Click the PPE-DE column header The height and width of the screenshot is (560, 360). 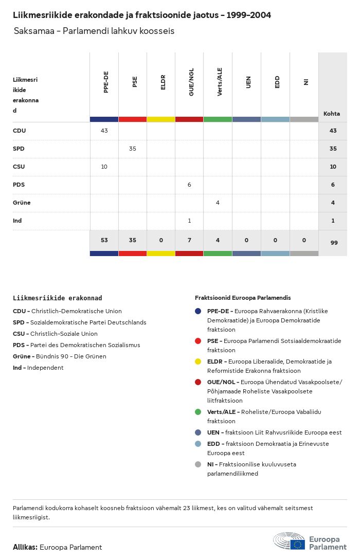pos(106,82)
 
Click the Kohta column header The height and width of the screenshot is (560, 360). pos(332,114)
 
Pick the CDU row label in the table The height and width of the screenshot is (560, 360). pos(20,131)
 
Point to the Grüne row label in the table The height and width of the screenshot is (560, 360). pos(22,203)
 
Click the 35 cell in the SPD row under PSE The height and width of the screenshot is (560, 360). pos(133,149)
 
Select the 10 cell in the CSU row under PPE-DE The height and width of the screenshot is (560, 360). pos(104,167)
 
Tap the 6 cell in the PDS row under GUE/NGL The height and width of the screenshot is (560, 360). pos(189,185)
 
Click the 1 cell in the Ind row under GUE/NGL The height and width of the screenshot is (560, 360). pos(189,221)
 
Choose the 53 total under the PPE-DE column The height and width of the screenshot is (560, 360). pos(104,240)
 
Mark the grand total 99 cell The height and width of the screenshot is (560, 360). pos(334,243)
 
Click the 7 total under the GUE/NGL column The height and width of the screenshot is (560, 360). pos(189,240)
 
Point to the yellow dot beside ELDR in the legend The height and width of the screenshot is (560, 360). pos(198,362)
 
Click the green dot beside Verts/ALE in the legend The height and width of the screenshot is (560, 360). pos(198,412)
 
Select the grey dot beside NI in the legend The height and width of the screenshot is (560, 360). pos(198,464)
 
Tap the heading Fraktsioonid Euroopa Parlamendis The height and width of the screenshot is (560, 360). pos(243,298)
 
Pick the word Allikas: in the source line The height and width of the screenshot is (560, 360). pos(25,547)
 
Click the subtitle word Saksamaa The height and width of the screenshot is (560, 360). pos(33,31)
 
